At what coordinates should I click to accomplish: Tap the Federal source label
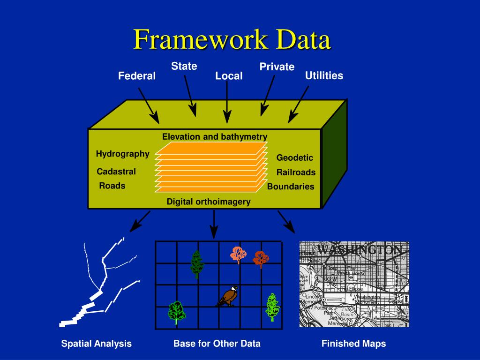(x=136, y=76)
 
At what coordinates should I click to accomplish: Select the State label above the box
(x=184, y=66)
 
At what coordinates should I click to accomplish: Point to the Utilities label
(x=324, y=75)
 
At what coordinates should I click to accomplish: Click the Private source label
(x=277, y=67)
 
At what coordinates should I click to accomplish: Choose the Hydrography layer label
(x=123, y=154)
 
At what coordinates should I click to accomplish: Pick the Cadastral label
(x=116, y=172)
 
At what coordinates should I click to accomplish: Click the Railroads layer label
(x=296, y=172)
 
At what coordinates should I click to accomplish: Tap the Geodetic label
(x=294, y=157)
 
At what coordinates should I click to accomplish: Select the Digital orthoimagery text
(x=209, y=202)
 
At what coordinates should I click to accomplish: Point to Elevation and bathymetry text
(x=215, y=137)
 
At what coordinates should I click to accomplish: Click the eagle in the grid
(x=228, y=296)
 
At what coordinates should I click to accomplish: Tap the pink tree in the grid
(x=238, y=255)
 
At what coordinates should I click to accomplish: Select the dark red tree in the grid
(x=260, y=258)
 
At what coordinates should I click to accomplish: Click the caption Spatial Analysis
(x=97, y=344)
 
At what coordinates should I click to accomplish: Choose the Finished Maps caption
(x=353, y=344)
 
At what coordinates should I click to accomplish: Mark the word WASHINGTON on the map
(x=360, y=250)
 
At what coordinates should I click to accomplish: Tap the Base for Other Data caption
(x=217, y=344)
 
